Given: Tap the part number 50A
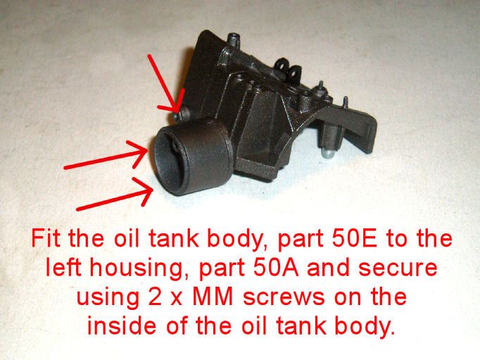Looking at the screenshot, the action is (x=276, y=267).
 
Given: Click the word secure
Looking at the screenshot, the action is (x=398, y=268).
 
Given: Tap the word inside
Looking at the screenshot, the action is (x=122, y=325).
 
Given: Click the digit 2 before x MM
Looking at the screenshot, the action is (x=155, y=296).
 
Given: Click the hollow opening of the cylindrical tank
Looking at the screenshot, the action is (x=168, y=163).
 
